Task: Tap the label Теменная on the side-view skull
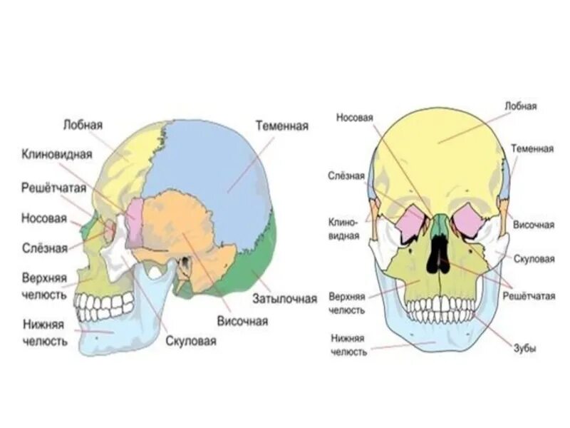pos(281,126)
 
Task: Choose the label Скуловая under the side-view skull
pos(190,341)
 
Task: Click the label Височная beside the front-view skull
pos(534,225)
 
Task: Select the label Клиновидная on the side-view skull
pos(57,154)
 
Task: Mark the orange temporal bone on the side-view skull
pos(178,228)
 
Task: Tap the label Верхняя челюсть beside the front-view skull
pos(347,302)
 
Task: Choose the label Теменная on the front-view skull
pos(532,148)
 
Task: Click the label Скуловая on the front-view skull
pos(533,259)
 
